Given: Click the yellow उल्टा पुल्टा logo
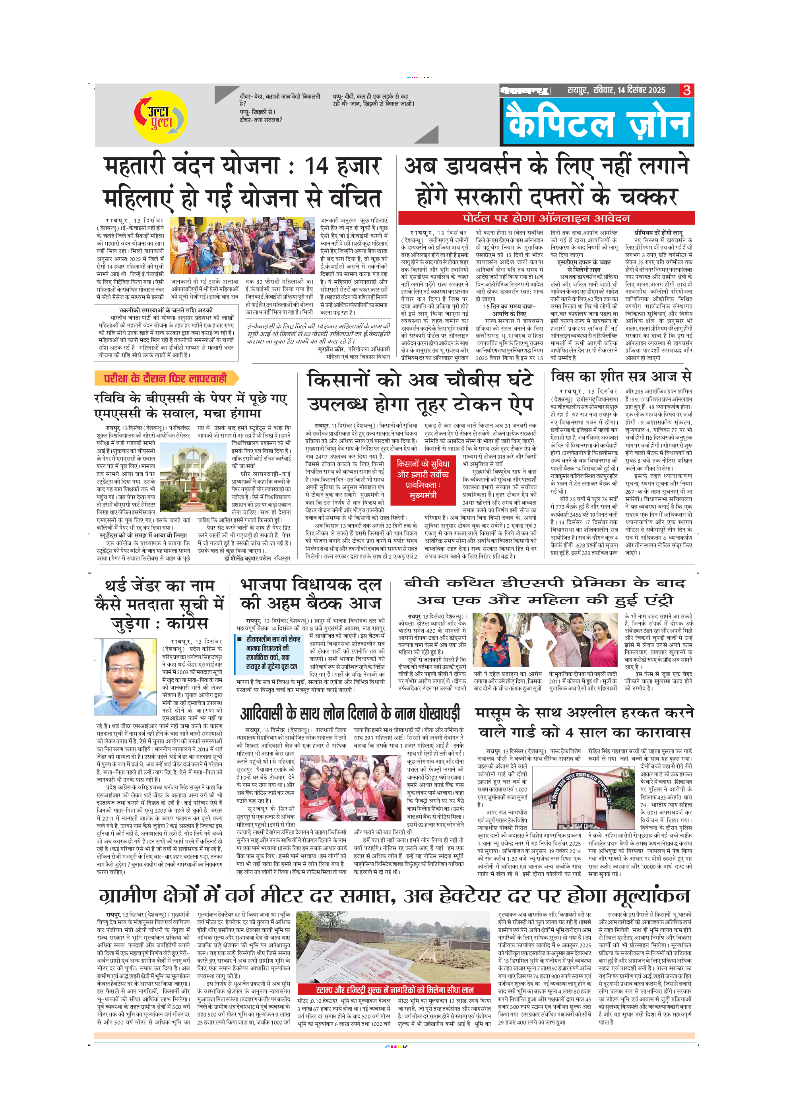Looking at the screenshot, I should [160, 116].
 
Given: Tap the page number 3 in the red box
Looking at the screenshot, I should [686, 90].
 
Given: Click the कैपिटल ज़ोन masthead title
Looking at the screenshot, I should [597, 123].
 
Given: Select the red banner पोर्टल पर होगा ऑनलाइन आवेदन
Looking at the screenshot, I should [546, 218].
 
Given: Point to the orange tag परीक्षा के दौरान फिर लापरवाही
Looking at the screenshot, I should [165, 378].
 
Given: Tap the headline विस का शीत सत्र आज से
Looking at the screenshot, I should [621, 376].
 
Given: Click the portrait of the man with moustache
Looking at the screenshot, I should [125, 677].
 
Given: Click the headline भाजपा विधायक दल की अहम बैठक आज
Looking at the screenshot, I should [311, 594].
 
